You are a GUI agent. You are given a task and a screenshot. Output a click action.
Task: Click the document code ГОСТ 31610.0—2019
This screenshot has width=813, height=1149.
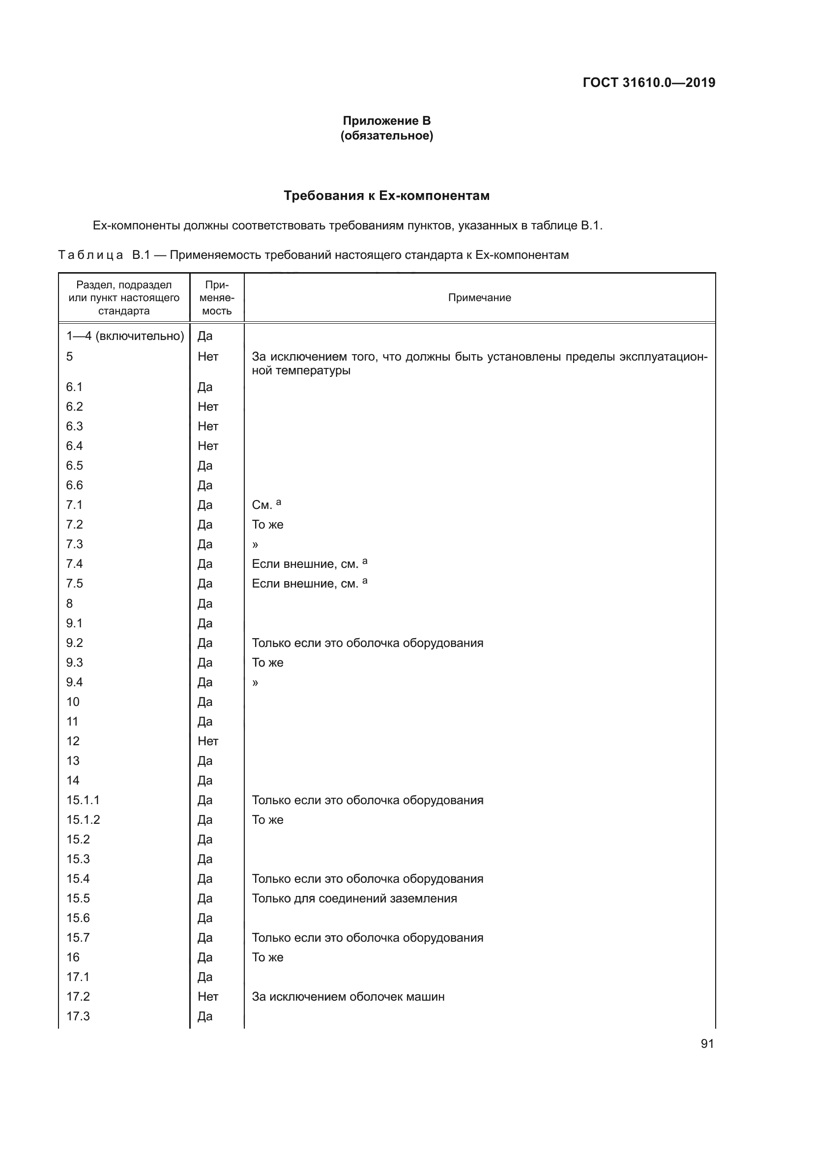[649, 83]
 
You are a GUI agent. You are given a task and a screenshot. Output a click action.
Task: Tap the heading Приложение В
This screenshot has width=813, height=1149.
[386, 121]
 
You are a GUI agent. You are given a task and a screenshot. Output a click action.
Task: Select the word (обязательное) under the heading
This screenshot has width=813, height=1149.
[386, 136]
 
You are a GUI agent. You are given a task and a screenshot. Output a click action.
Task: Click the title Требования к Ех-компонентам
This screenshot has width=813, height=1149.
[386, 196]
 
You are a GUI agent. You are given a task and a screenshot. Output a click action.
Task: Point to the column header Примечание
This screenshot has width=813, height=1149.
[479, 298]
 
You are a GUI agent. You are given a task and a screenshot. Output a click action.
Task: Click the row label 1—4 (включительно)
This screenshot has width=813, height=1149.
[125, 336]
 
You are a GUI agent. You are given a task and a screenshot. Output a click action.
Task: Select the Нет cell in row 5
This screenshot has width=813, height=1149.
[208, 356]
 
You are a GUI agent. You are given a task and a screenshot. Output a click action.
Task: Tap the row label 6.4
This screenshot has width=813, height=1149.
[75, 446]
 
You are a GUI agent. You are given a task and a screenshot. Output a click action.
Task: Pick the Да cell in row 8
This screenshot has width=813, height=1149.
[205, 604]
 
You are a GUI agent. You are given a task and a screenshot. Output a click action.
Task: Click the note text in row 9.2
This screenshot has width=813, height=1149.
[368, 643]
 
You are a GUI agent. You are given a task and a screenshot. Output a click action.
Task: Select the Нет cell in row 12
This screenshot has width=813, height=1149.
[208, 741]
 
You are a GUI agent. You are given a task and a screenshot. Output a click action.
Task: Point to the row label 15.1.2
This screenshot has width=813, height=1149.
[83, 820]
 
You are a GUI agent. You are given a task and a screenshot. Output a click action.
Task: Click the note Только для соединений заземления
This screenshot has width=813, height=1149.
[354, 898]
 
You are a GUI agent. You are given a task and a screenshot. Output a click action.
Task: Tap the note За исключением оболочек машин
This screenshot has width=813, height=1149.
[348, 996]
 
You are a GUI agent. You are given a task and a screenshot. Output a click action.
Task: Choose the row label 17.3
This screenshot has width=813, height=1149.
[78, 1016]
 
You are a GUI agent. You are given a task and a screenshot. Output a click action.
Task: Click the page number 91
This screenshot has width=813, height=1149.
[707, 1043]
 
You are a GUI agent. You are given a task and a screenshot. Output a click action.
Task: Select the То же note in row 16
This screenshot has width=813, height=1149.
[267, 957]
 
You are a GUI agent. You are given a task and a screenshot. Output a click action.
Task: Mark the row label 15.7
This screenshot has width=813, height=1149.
[78, 937]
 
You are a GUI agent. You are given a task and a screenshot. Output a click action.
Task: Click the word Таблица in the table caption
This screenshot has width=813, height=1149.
[90, 255]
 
